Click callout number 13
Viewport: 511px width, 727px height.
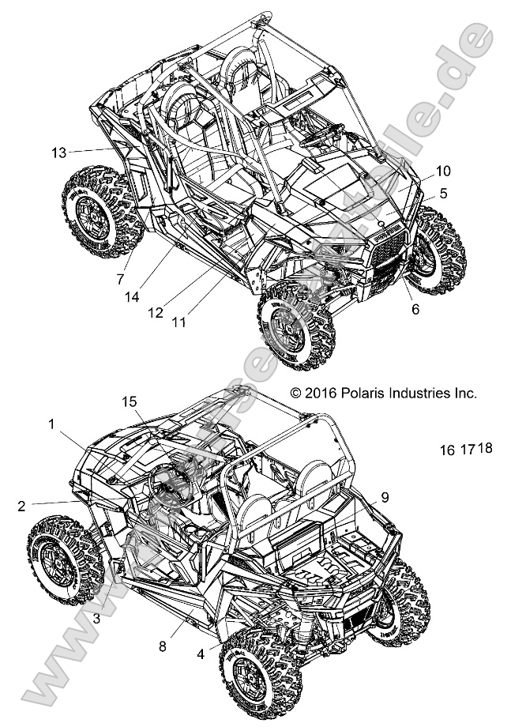tap(57, 152)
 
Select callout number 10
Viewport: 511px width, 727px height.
tap(442, 171)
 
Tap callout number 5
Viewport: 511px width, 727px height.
tap(444, 192)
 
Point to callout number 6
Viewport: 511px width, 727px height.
tap(415, 310)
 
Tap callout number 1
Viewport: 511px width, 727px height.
tap(51, 424)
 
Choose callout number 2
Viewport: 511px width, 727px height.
tap(21, 503)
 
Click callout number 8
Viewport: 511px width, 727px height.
tap(162, 646)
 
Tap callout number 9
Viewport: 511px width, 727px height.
tap(385, 497)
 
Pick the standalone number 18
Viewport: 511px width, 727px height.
tap(485, 448)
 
